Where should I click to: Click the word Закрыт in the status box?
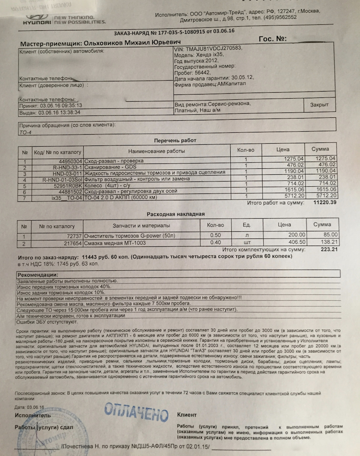coord(319,105)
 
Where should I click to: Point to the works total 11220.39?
coord(325,203)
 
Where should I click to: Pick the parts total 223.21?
coord(329,249)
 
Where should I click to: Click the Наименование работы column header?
coord(156,151)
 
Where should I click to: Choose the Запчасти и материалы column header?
coord(141,225)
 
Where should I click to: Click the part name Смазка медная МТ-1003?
coord(115,243)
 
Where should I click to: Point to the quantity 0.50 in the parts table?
coord(215,236)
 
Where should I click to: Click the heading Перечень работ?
coord(175,140)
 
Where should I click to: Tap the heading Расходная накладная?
coord(175,214)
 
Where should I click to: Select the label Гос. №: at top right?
coord(273,39)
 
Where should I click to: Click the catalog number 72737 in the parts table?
coord(74,237)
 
